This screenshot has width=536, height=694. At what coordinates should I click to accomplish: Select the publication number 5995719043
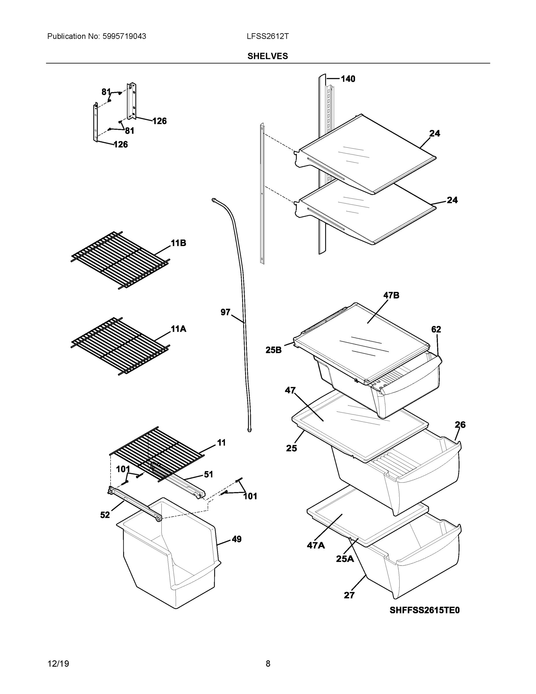click(x=124, y=36)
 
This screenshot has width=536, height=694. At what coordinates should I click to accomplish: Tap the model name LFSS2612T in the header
click(x=267, y=36)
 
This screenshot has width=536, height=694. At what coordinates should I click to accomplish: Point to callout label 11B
click(x=179, y=243)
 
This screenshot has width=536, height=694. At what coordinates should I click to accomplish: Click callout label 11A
click(x=179, y=329)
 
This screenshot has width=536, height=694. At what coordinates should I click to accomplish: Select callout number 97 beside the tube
click(x=225, y=312)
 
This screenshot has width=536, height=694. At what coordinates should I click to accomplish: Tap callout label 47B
click(x=391, y=295)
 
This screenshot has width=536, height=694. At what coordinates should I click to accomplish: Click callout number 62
click(x=436, y=330)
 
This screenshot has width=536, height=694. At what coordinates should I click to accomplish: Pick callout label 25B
click(x=273, y=350)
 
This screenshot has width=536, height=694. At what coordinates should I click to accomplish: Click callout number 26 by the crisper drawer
click(x=460, y=424)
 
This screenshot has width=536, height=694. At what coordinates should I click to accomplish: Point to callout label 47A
click(x=316, y=546)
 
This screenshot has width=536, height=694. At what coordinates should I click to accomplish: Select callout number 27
click(x=349, y=595)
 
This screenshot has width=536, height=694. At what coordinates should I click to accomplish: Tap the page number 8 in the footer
click(x=268, y=664)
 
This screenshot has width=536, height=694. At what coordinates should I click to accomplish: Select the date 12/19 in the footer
click(x=58, y=664)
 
